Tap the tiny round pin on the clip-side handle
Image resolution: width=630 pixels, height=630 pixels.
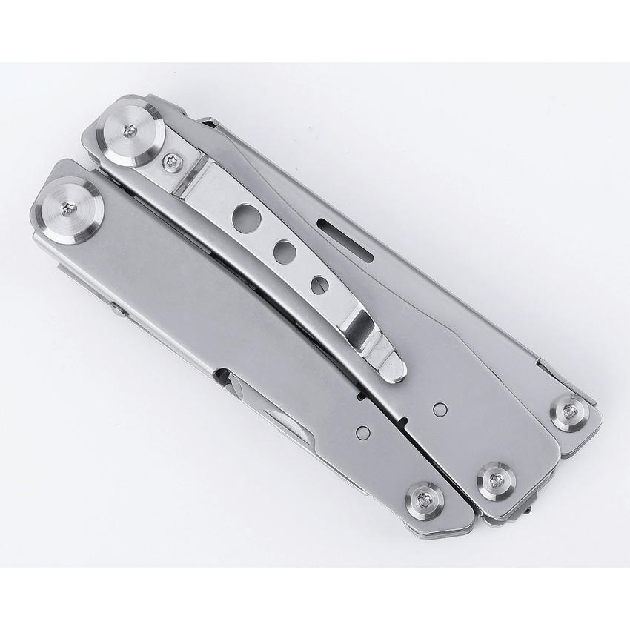[440, 407]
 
